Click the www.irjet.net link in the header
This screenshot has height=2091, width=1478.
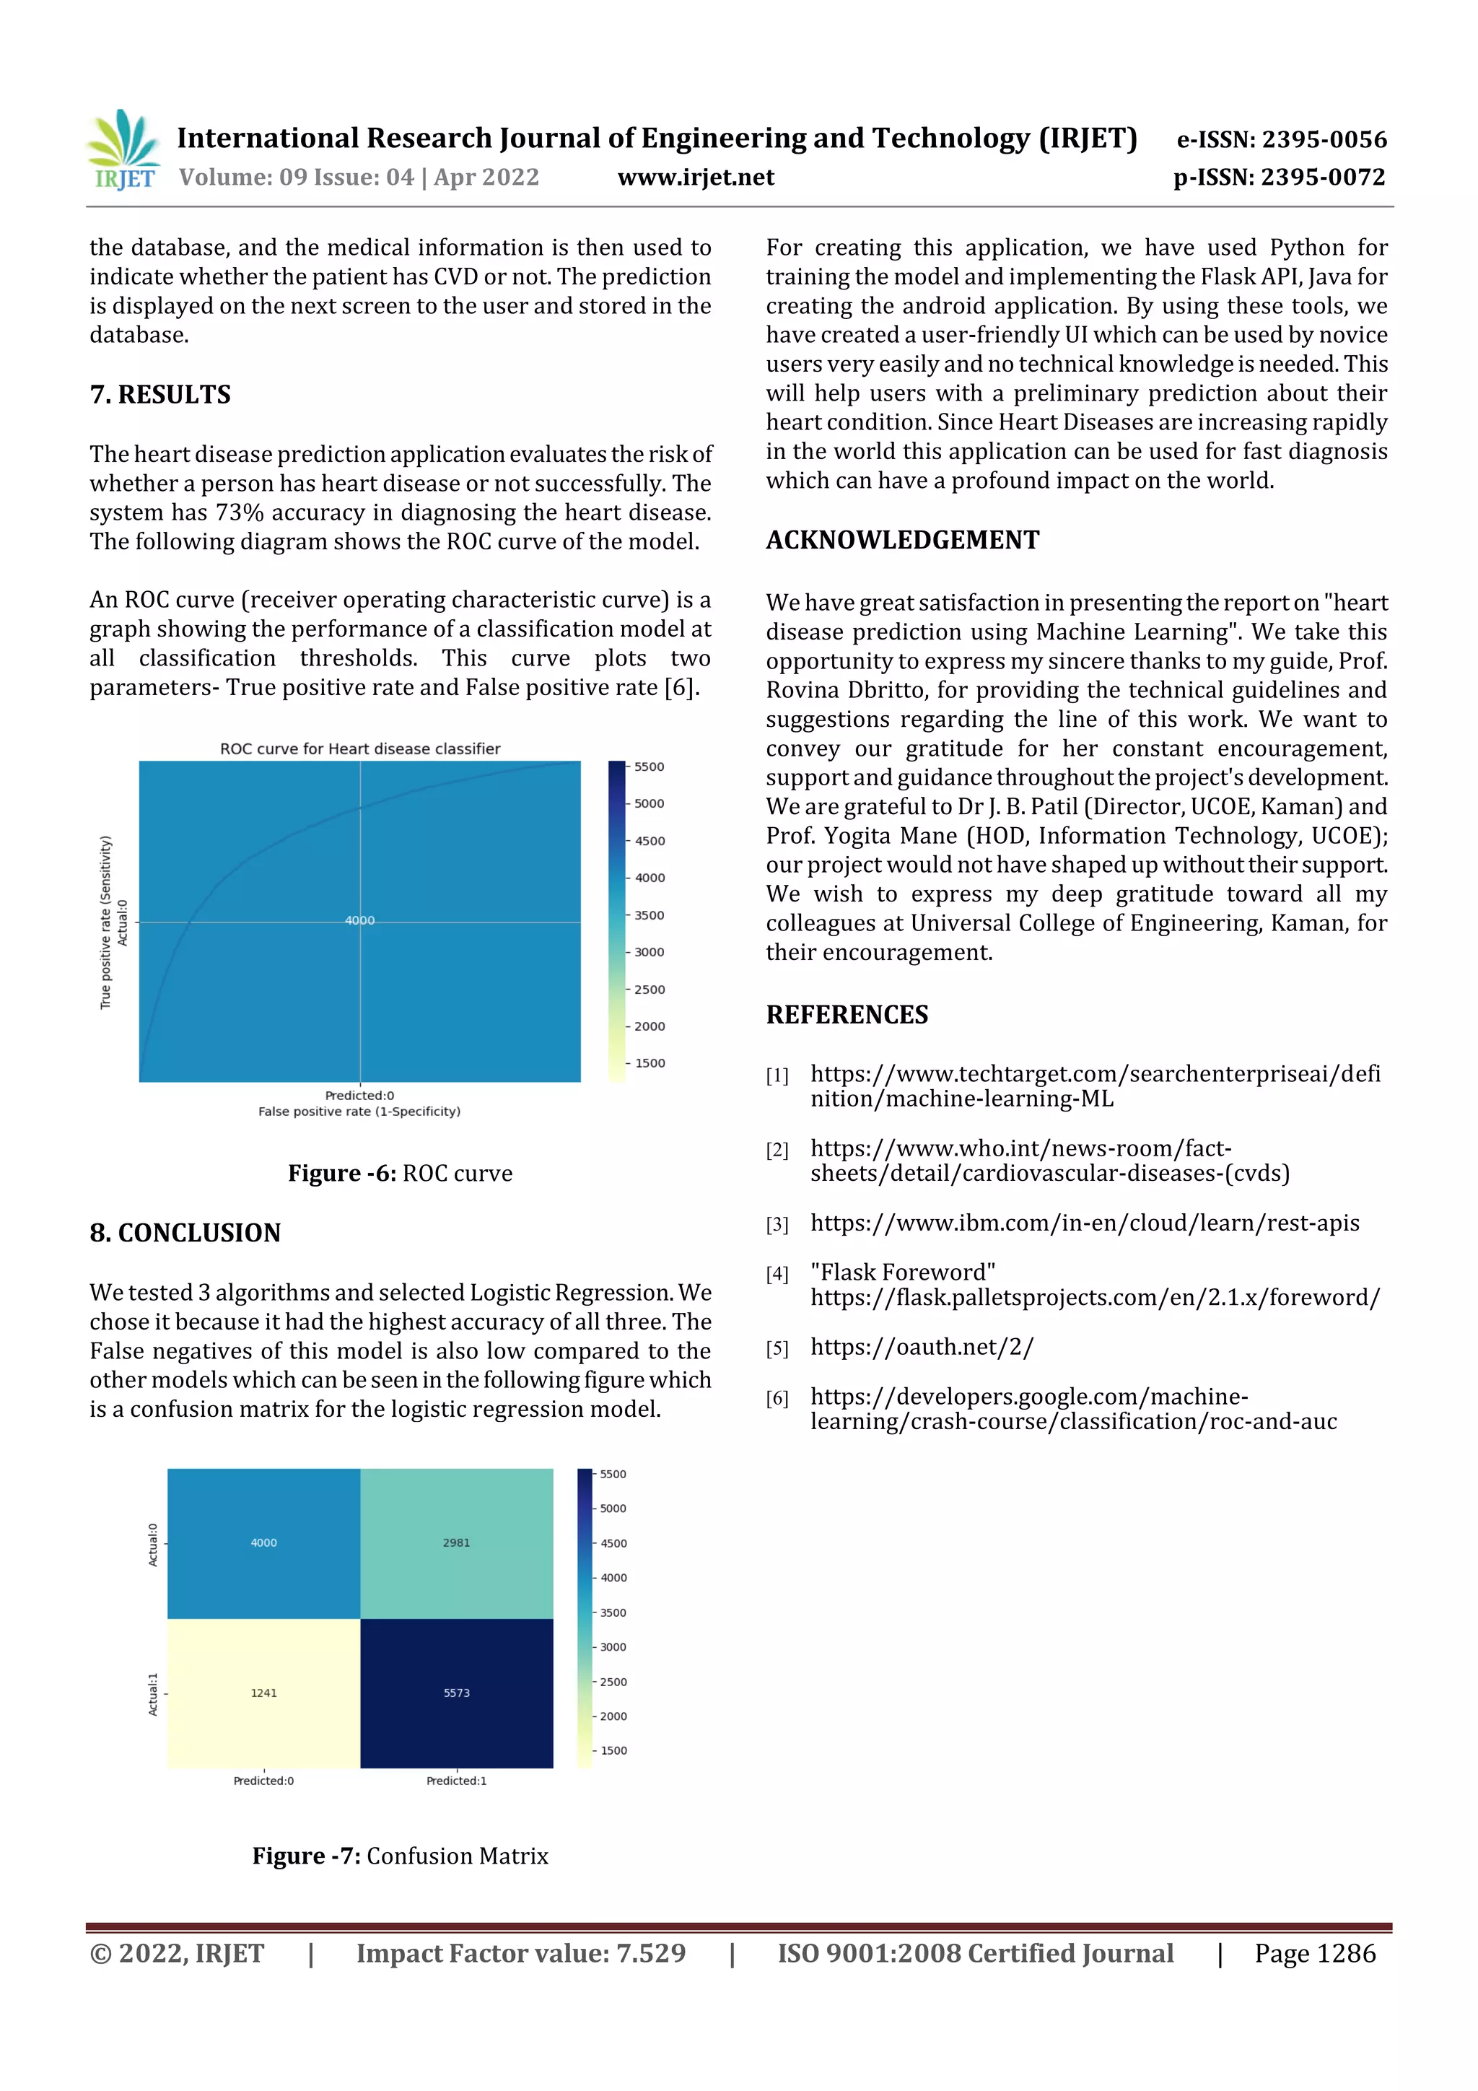(x=696, y=177)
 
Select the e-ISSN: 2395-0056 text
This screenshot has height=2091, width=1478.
(x=1281, y=139)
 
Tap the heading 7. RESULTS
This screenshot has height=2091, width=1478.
(x=160, y=394)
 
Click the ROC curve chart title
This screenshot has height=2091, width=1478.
(x=359, y=748)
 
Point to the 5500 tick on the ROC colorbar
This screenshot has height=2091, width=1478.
(x=648, y=767)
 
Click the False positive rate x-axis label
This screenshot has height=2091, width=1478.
(x=359, y=1111)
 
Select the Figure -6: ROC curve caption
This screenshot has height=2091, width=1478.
(x=400, y=1173)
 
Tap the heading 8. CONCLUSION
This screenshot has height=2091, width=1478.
(x=185, y=1232)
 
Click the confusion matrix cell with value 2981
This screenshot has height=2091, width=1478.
(x=456, y=1542)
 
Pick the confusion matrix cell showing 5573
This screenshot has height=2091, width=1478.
(x=456, y=1693)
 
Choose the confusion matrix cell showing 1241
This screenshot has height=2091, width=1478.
(x=263, y=1693)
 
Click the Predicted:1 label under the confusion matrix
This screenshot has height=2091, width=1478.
(x=456, y=1781)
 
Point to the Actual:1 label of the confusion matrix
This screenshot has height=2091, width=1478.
(x=153, y=1694)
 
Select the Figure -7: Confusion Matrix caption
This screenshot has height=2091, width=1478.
(x=400, y=1856)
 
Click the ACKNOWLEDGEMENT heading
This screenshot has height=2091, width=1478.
(x=901, y=540)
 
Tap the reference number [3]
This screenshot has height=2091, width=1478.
(x=777, y=1225)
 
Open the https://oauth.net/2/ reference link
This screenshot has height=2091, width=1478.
(x=922, y=1347)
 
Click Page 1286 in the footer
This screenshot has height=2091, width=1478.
(x=1314, y=1953)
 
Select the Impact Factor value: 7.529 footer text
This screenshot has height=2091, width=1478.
(x=521, y=1953)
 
